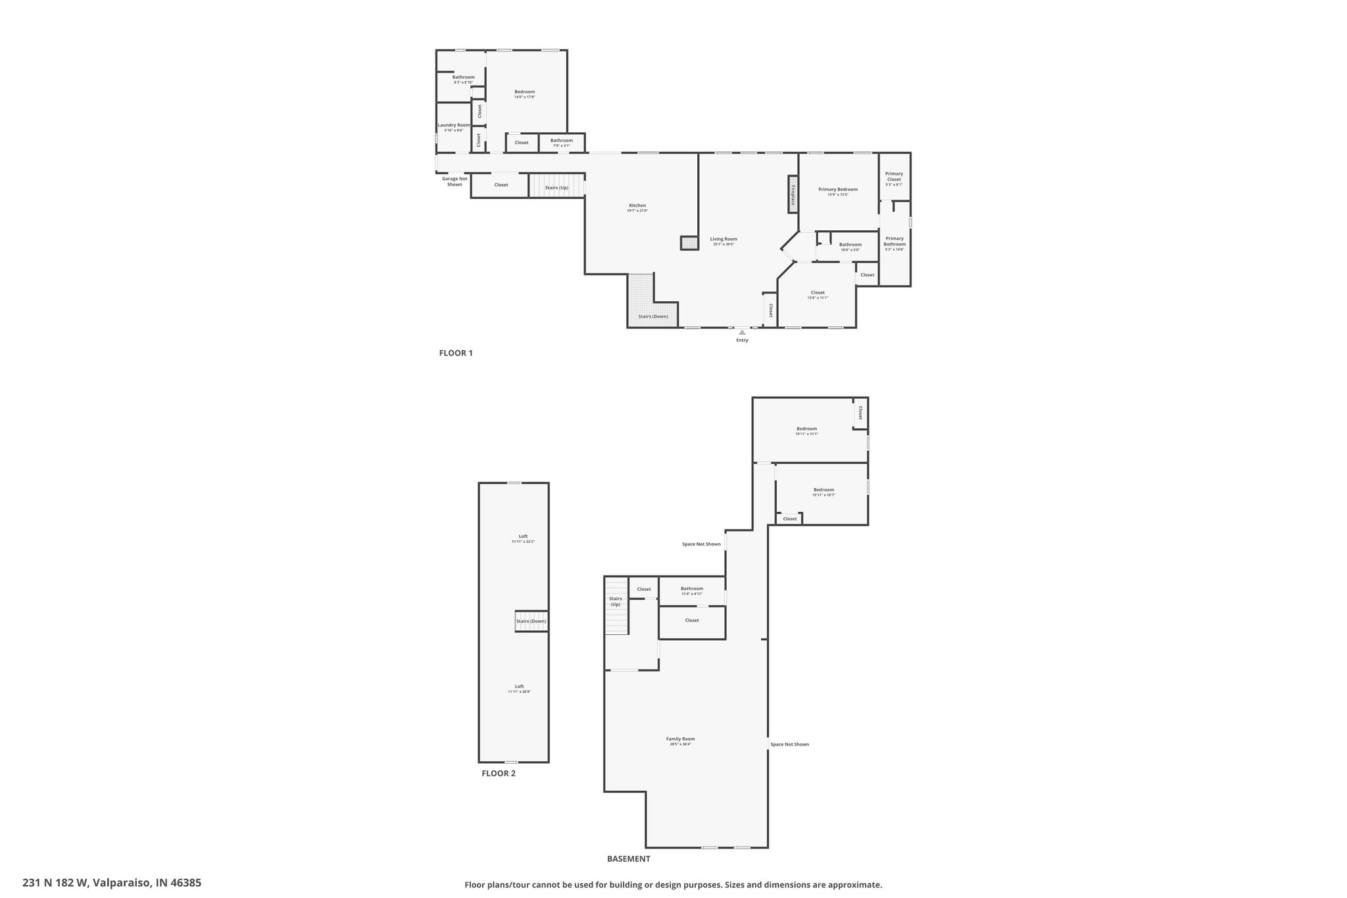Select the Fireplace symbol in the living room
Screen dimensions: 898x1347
click(793, 195)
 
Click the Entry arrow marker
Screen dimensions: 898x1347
click(742, 332)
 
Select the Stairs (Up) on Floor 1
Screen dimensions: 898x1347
click(556, 187)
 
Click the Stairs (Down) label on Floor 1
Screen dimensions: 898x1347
click(652, 316)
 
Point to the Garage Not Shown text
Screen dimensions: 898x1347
click(454, 181)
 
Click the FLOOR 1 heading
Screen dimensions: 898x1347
click(456, 353)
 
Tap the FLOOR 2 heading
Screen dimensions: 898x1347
click(499, 774)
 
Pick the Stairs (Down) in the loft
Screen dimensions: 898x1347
click(531, 622)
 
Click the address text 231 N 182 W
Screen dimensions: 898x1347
click(112, 883)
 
